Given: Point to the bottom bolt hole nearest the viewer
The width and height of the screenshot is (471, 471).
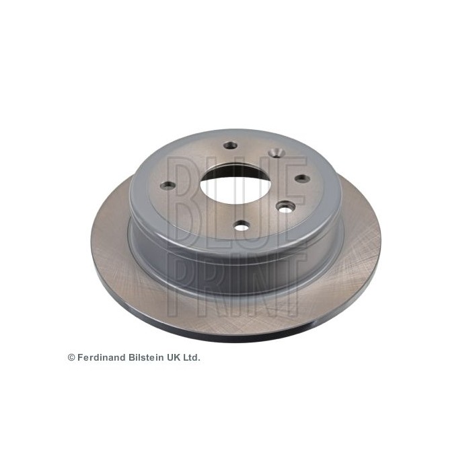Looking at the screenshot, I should coord(242,225).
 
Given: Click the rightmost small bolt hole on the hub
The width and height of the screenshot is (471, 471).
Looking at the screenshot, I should coord(302,178).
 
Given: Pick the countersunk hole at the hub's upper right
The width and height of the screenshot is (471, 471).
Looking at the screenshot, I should coord(276,154).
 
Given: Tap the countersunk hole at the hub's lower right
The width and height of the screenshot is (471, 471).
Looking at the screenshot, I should coord(285,209).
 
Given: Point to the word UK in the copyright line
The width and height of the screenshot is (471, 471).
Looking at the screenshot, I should coord(176,357).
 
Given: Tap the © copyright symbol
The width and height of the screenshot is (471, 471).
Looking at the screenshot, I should coord(71,358).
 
